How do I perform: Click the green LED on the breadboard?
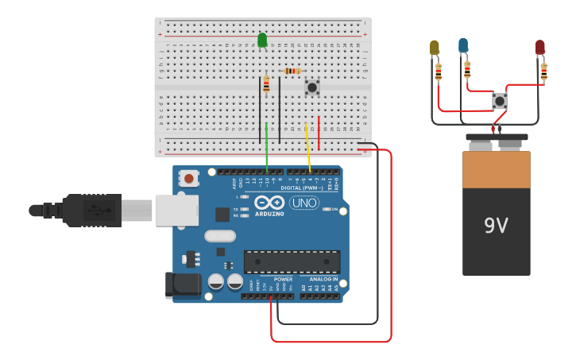click(x=262, y=40)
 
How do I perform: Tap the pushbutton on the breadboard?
click(x=312, y=87)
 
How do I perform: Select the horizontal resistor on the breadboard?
click(x=292, y=71)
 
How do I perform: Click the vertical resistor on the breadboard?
click(x=266, y=85)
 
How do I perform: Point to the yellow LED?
click(x=435, y=48)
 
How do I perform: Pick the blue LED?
click(x=463, y=45)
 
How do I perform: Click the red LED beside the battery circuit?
click(x=540, y=48)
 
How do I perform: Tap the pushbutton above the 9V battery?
click(x=500, y=101)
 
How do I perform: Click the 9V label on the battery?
click(x=496, y=226)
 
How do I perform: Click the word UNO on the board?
click(x=304, y=203)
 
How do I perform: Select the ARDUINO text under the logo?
click(x=270, y=214)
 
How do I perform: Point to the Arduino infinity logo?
click(x=270, y=202)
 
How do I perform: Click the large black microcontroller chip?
click(x=292, y=261)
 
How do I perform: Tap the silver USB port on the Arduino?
click(x=176, y=211)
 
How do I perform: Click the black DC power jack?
click(x=182, y=286)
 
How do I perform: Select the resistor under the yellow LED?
click(x=439, y=73)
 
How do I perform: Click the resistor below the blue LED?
click(x=467, y=69)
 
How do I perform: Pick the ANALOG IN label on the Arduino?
click(x=323, y=280)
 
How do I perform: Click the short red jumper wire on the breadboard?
click(x=319, y=134)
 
